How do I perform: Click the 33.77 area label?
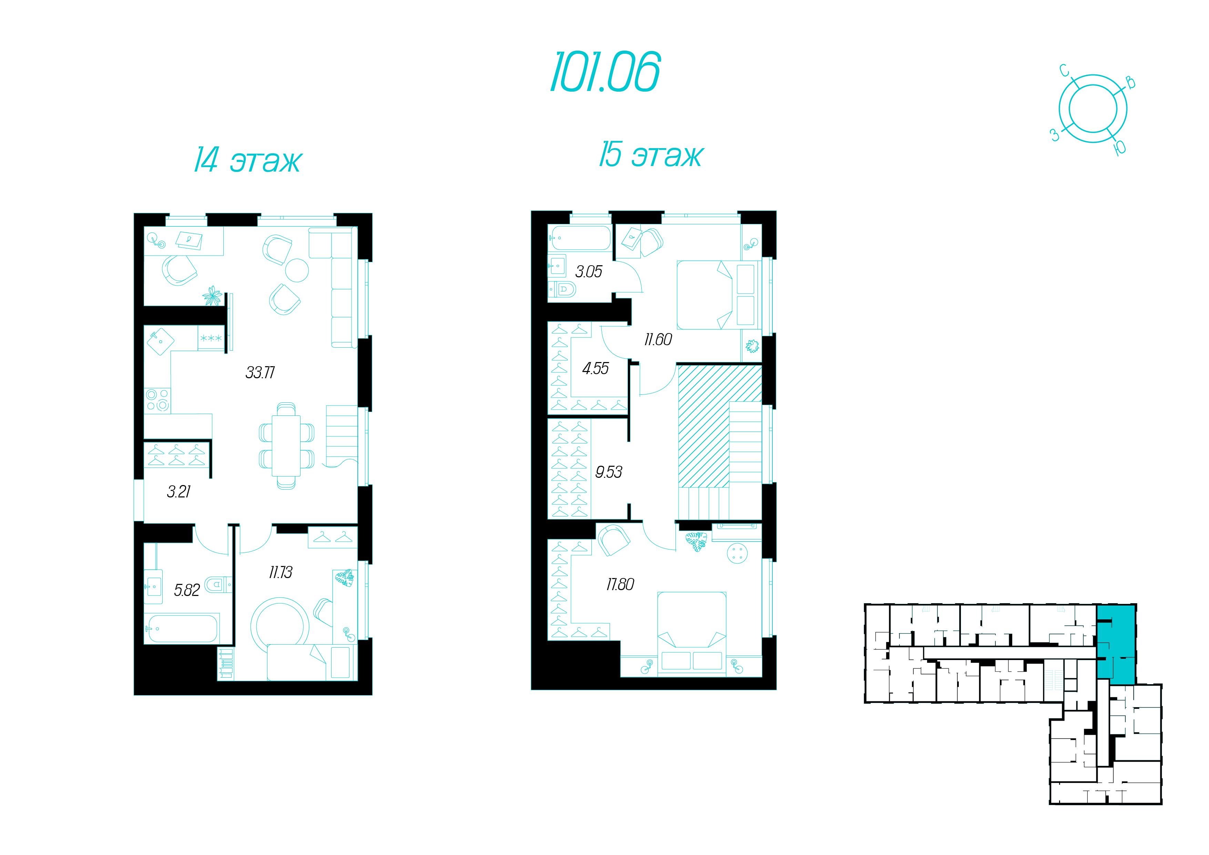coord(260,373)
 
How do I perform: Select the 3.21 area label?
coord(179,492)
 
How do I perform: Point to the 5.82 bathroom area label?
coord(187,590)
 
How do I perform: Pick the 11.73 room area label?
coord(280,572)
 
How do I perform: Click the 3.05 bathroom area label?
coord(588,272)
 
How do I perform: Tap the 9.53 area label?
coord(608,472)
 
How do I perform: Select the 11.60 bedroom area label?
coord(658,340)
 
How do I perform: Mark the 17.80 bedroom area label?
coord(620,584)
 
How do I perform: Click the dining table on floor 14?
coord(286,445)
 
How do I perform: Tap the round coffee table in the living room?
coord(297,271)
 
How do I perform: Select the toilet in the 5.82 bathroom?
coord(218,584)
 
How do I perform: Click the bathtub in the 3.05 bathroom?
coord(580,238)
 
